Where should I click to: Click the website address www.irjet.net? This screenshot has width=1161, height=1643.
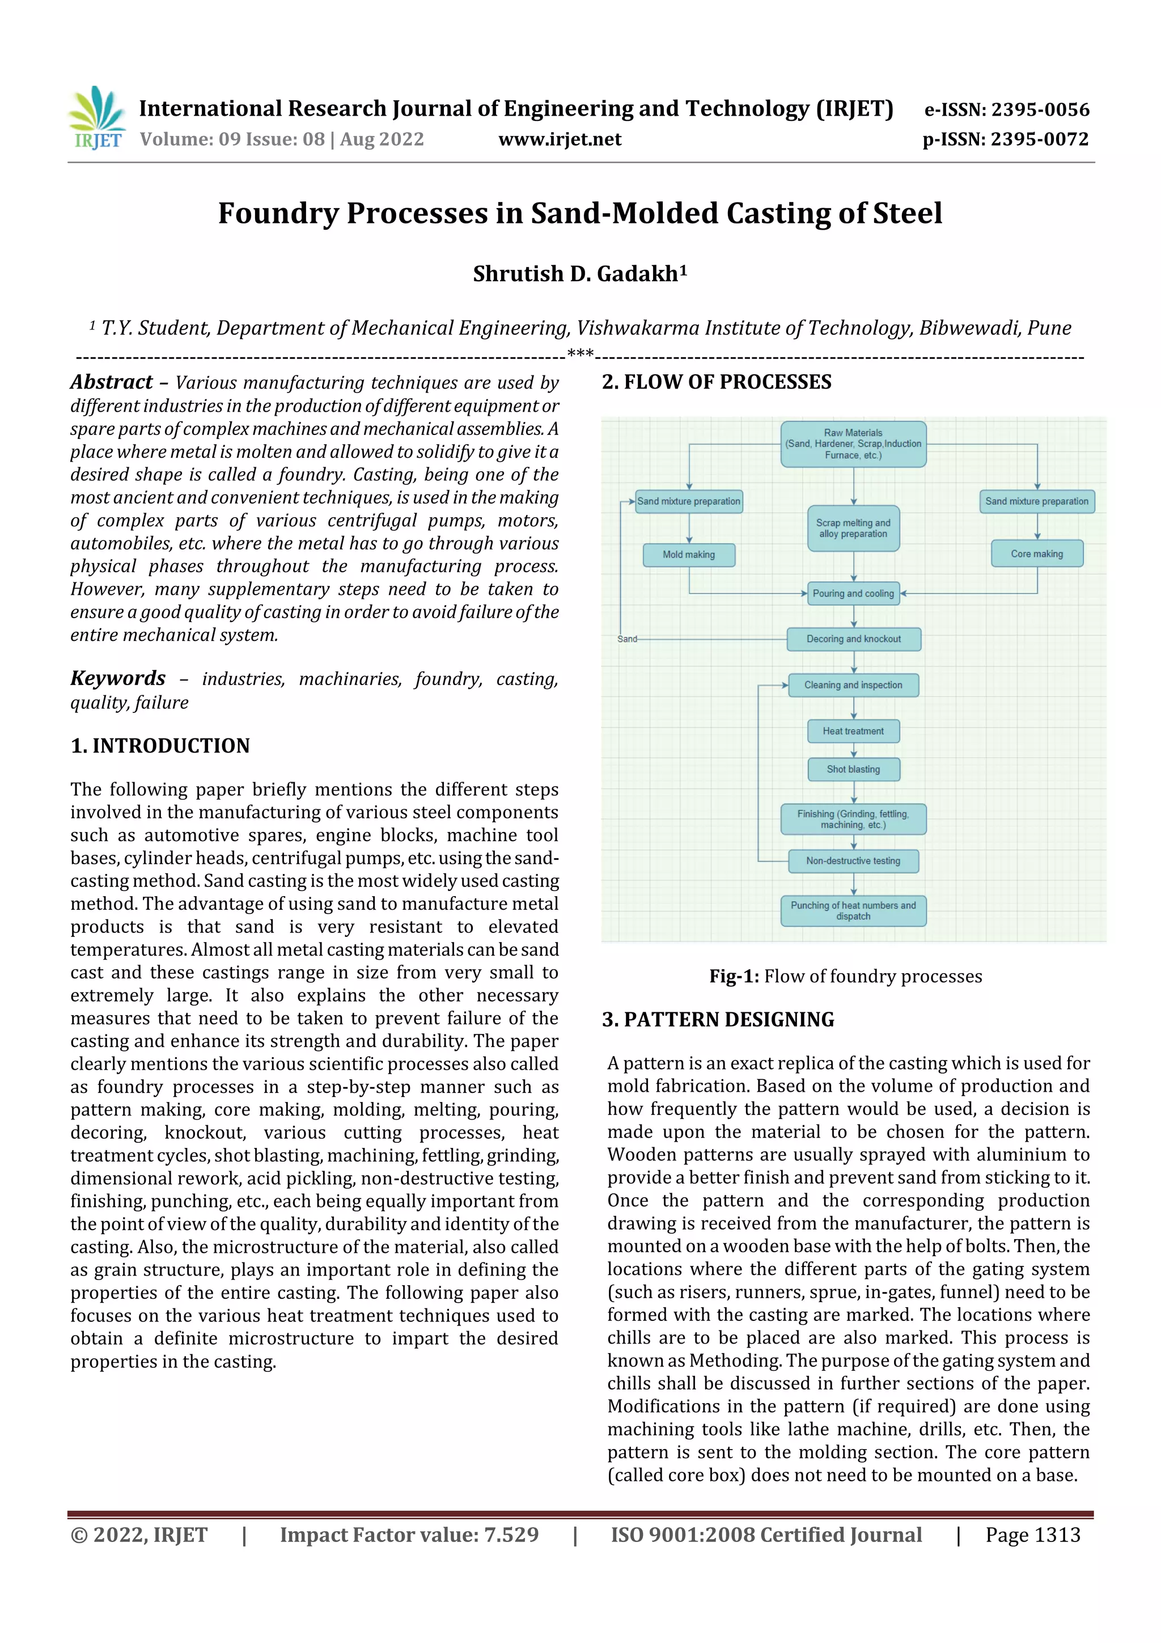(x=560, y=139)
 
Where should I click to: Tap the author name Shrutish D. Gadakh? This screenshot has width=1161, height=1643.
(x=579, y=273)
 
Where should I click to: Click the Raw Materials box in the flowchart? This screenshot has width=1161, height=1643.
(x=853, y=444)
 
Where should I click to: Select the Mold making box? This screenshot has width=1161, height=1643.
(x=688, y=555)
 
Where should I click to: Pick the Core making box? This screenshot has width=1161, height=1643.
(x=1036, y=554)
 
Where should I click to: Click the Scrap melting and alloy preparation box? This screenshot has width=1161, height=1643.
(x=853, y=528)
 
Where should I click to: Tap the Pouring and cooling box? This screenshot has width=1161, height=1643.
(x=853, y=593)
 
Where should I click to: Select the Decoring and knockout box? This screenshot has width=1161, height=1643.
(x=853, y=639)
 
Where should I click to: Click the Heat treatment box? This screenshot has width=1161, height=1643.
(x=853, y=730)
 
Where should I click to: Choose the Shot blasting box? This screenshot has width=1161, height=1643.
(x=853, y=769)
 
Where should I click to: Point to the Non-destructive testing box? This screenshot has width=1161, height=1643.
(x=853, y=861)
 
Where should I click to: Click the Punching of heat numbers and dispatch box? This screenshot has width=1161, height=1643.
(x=853, y=910)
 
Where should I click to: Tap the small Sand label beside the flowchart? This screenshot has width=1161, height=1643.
(x=626, y=639)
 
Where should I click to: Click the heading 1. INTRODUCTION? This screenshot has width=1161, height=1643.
(x=160, y=746)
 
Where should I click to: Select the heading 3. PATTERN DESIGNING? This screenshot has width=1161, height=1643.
(x=718, y=1020)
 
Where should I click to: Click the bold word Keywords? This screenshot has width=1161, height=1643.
(x=118, y=678)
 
